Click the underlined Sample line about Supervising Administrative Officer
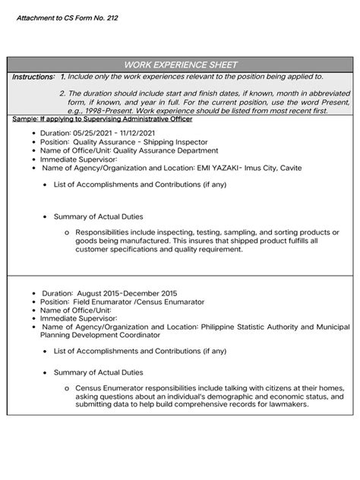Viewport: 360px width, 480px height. pos(103,118)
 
